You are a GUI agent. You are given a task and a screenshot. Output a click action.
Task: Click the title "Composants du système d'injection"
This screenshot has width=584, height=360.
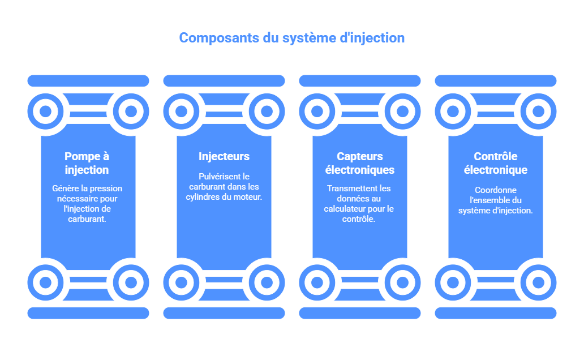click(x=291, y=38)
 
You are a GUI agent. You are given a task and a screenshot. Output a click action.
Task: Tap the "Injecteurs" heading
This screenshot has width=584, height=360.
click(x=224, y=156)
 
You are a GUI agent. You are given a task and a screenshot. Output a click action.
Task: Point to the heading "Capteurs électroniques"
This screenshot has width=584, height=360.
click(x=360, y=163)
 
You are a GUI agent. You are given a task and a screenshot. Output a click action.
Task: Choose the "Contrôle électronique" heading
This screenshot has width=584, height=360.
click(x=496, y=163)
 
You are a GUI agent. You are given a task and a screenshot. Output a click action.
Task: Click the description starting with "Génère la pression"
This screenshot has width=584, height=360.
click(x=87, y=204)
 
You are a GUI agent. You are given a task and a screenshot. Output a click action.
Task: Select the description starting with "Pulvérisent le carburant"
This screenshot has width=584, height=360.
click(x=224, y=187)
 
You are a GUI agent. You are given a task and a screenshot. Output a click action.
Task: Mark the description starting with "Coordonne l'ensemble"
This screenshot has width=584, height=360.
click(x=496, y=200)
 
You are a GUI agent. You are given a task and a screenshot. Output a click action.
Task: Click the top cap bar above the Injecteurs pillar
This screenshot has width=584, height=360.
click(x=224, y=81)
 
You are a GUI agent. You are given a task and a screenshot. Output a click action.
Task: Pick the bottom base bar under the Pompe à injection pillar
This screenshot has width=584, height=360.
click(x=88, y=313)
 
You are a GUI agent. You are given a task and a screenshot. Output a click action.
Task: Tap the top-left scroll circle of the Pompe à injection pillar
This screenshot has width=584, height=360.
click(x=45, y=111)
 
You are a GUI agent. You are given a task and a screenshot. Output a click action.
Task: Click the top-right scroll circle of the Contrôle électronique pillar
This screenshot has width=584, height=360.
click(x=538, y=111)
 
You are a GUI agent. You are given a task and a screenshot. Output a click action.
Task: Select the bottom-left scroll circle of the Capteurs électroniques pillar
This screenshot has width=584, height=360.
click(x=317, y=282)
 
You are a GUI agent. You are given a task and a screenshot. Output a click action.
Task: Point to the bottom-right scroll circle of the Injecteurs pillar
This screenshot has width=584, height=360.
click(x=267, y=282)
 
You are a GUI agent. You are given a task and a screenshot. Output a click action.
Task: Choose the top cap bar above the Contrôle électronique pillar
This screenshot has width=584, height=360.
click(x=496, y=81)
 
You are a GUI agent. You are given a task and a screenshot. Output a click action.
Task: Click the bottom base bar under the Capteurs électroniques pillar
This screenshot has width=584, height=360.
click(x=360, y=313)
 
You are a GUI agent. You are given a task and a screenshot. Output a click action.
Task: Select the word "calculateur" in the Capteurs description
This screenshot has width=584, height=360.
click(x=346, y=209)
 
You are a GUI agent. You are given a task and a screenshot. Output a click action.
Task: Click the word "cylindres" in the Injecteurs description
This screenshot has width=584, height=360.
click(x=204, y=197)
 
